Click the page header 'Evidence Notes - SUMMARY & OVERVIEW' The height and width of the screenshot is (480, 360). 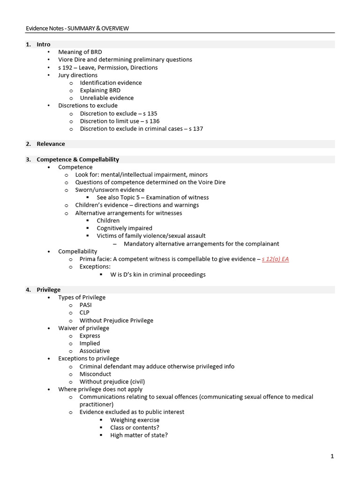77,28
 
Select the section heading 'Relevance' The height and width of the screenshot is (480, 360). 51,144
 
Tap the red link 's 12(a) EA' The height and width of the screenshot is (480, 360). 275,259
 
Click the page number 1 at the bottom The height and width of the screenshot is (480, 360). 332,457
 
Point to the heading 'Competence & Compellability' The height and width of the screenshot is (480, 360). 78,159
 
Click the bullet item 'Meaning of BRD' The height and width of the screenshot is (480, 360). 80,52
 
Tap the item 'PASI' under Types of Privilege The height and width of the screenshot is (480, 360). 86,305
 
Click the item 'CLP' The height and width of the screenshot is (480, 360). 84,313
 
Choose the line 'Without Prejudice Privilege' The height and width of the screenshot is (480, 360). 116,321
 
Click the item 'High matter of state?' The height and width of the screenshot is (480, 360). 139,435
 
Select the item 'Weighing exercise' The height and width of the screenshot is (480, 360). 135,420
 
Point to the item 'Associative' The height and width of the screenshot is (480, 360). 95,351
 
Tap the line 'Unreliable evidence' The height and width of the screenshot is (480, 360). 107,98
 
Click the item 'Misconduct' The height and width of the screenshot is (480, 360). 96,374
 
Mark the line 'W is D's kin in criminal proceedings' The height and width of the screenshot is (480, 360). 158,275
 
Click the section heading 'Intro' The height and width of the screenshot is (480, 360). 44,45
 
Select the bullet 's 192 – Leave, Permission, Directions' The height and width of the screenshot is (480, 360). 108,67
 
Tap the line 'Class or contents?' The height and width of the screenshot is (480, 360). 135,427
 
